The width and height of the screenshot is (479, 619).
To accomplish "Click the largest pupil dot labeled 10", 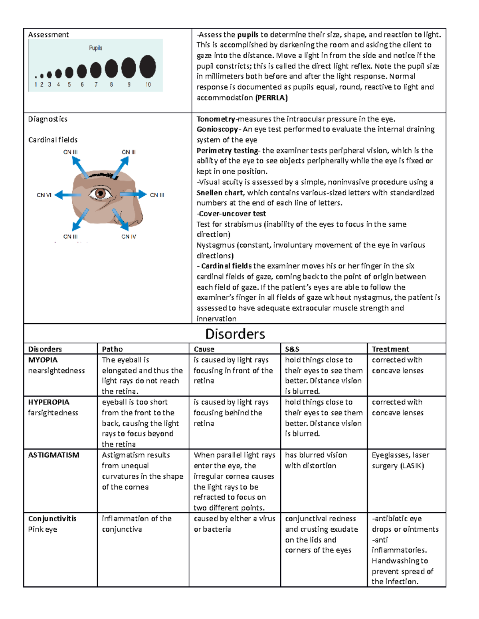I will pyautogui.click(x=148, y=67).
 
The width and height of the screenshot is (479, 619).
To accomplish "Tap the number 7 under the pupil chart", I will pyautogui.click(x=96, y=84).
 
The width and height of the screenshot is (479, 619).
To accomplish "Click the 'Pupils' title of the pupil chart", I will pyautogui.click(x=95, y=48).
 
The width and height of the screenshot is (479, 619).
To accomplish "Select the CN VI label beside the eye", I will pyautogui.click(x=44, y=195).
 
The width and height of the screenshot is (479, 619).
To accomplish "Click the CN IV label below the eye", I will pyautogui.click(x=129, y=236).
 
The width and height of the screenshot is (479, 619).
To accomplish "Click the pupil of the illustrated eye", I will pyautogui.click(x=100, y=194).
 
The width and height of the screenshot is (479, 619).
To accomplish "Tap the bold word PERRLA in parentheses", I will pyautogui.click(x=271, y=98).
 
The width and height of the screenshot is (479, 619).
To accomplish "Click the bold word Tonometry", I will pyautogui.click(x=216, y=119).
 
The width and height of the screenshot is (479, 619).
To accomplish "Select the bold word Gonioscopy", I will pyautogui.click(x=217, y=129).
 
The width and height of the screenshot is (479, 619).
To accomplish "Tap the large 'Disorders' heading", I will pyautogui.click(x=235, y=334).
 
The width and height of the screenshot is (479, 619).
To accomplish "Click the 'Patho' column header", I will pyautogui.click(x=112, y=349).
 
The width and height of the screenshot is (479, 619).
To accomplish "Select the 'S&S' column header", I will pyautogui.click(x=292, y=349).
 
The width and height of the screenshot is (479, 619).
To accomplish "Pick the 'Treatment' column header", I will pyautogui.click(x=390, y=349).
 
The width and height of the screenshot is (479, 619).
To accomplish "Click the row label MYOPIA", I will pyautogui.click(x=43, y=360).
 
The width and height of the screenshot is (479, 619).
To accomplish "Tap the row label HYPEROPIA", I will pyautogui.click(x=49, y=402).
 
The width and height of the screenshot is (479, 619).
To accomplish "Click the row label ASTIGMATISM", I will pyautogui.click(x=53, y=455).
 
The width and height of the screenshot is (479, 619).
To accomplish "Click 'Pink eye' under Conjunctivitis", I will pyautogui.click(x=43, y=529).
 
